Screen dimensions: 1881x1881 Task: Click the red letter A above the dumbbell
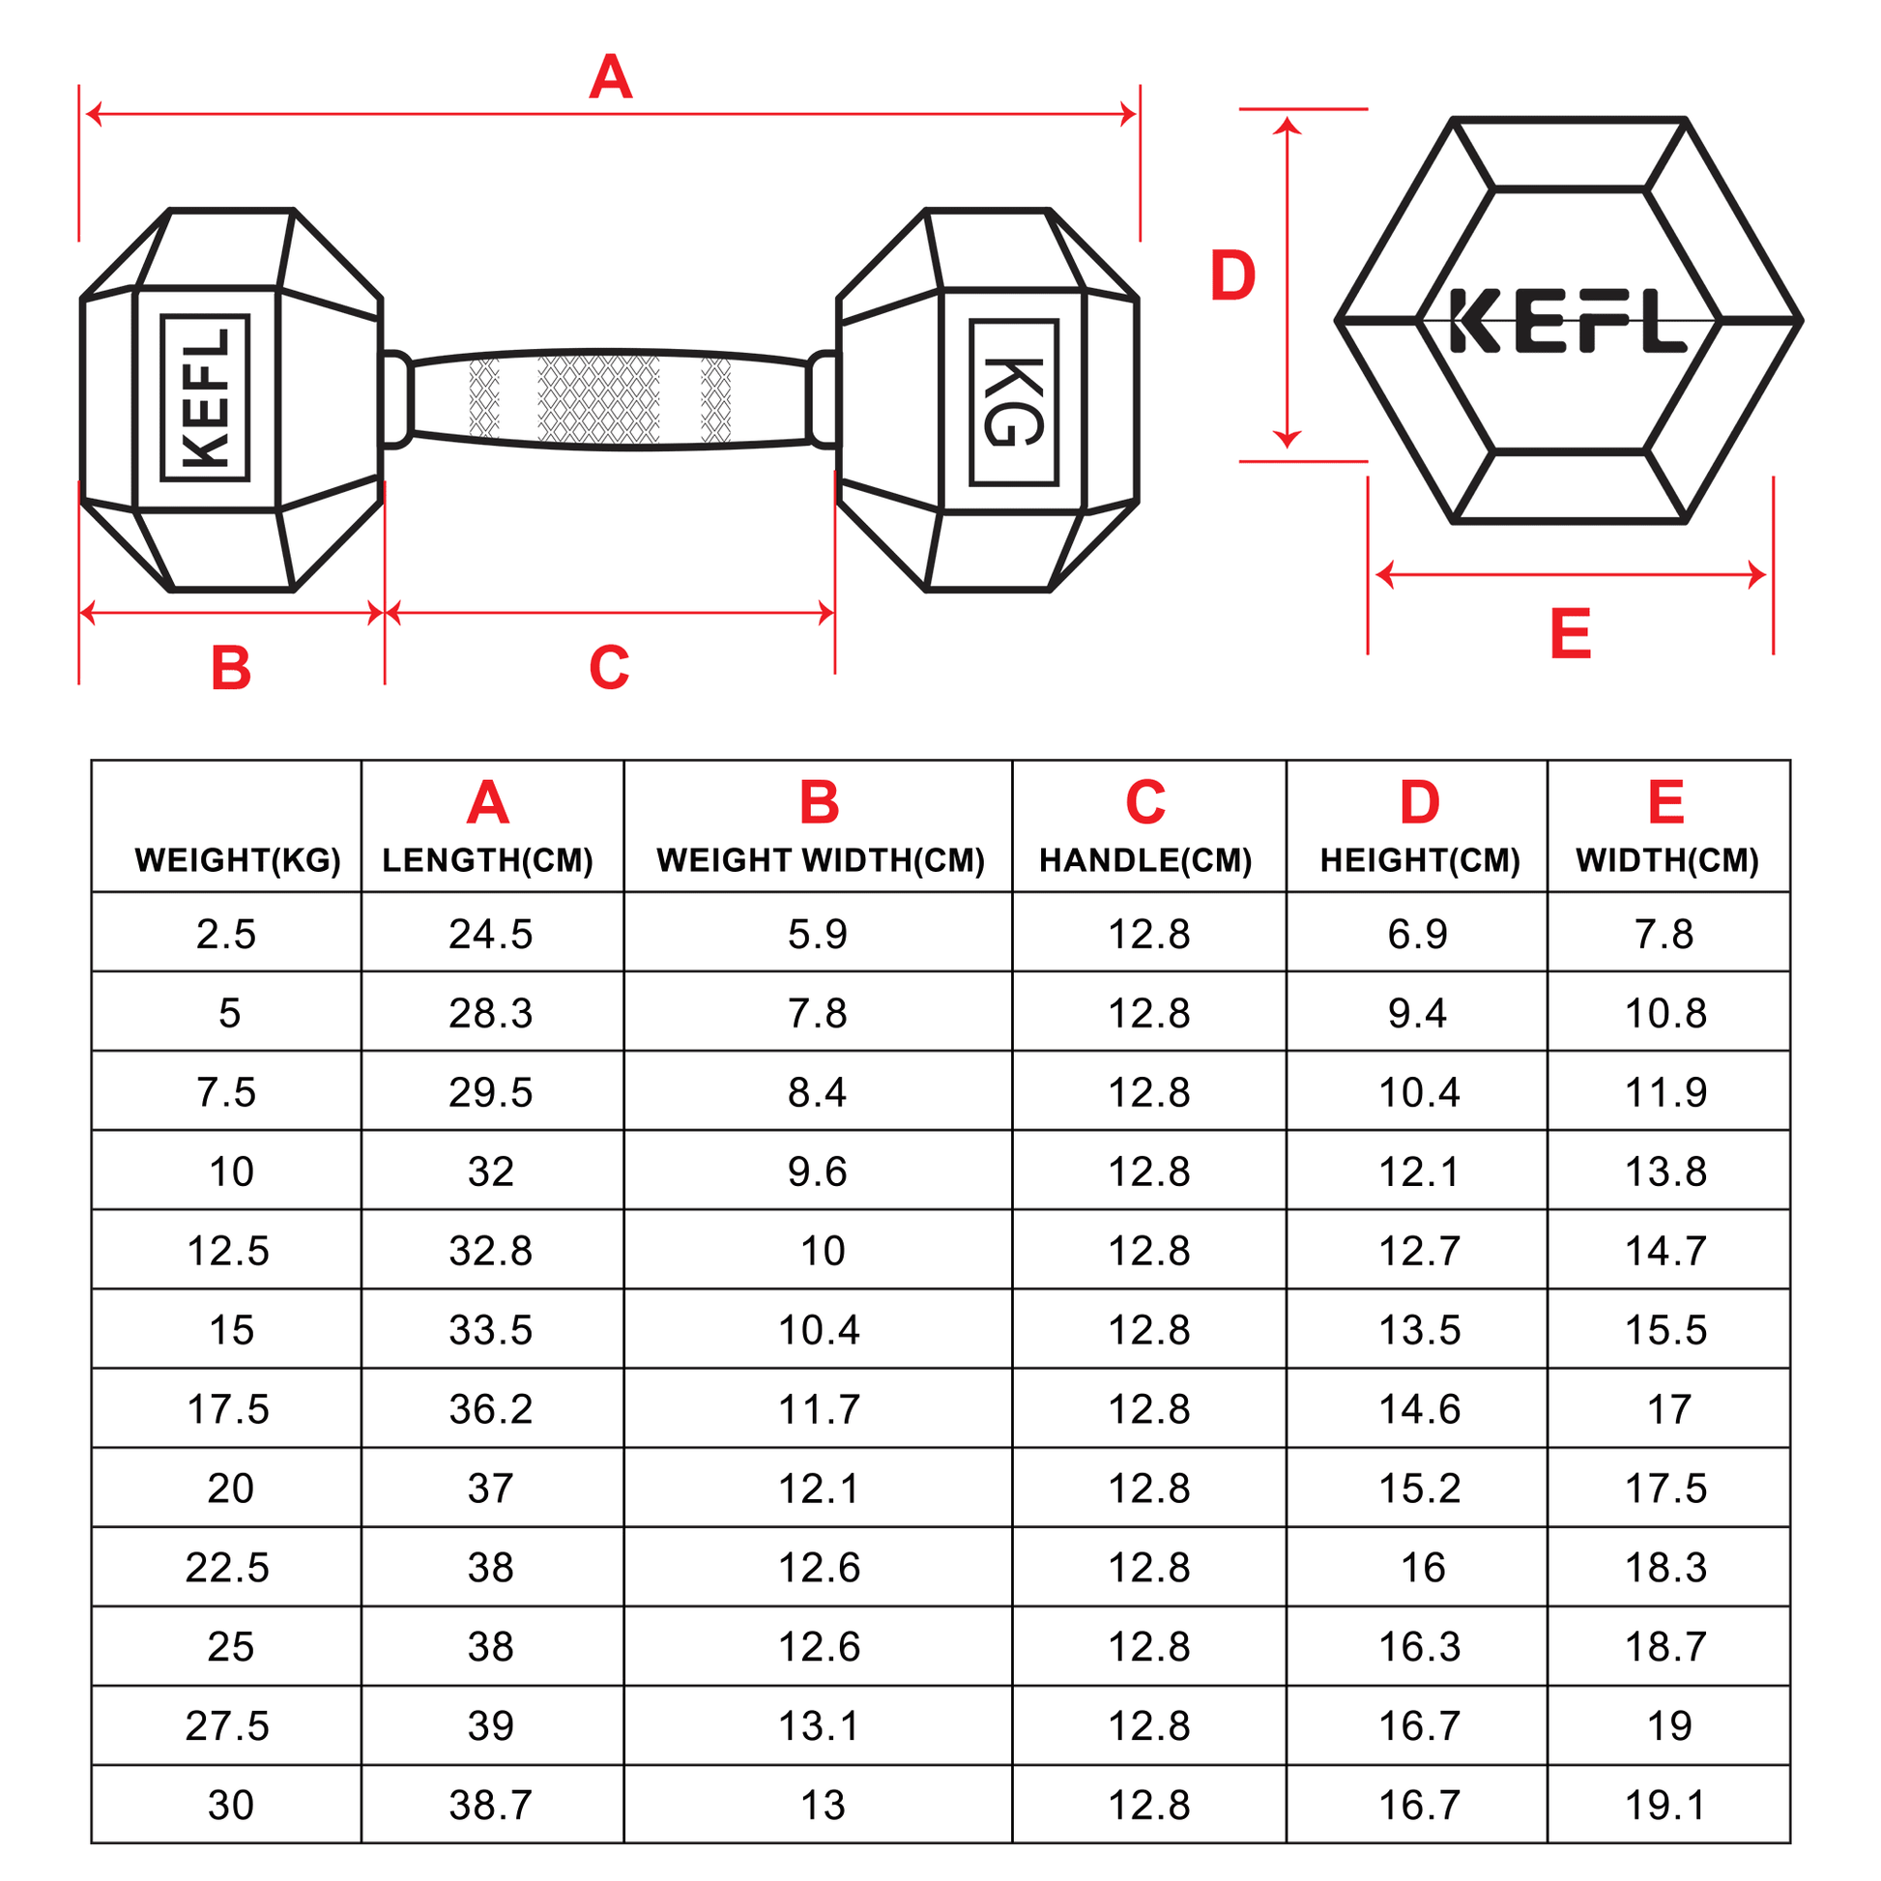[611, 78]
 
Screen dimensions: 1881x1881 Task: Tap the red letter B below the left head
[231, 668]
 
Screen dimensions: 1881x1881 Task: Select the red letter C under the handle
[610, 668]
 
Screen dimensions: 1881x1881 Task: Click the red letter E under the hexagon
[1570, 634]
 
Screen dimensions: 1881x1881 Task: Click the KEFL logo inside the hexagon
[1568, 320]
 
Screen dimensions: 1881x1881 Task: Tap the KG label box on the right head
[1014, 402]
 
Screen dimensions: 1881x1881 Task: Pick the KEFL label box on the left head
[206, 397]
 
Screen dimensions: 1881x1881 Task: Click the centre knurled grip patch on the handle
[598, 399]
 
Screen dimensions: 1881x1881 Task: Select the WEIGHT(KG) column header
[238, 859]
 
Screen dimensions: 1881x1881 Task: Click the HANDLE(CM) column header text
[1145, 859]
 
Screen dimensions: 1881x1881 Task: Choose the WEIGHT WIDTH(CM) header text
[820, 859]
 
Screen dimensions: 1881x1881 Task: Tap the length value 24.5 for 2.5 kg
[491, 934]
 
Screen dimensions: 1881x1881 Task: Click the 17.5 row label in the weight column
[228, 1408]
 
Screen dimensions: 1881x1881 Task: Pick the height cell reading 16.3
[1419, 1646]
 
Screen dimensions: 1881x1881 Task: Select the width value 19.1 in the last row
[1664, 1805]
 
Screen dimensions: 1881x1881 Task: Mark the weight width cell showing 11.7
[819, 1408]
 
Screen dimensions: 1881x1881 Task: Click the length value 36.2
[491, 1408]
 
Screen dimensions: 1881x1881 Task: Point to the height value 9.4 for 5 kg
[1417, 1014]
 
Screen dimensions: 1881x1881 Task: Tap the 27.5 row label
[228, 1725]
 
